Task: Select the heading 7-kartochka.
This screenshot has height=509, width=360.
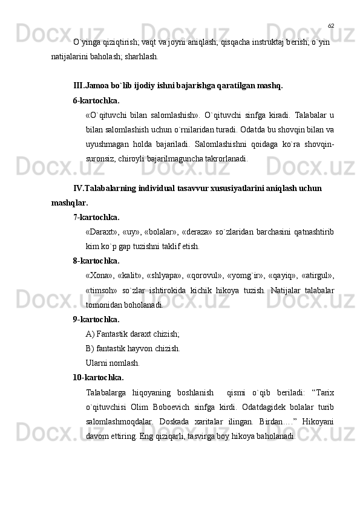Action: [x=96, y=217]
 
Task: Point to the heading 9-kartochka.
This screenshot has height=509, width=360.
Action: [x=96, y=319]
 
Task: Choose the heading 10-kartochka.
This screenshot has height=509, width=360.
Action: [x=98, y=377]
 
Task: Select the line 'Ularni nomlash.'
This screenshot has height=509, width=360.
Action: [x=113, y=363]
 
